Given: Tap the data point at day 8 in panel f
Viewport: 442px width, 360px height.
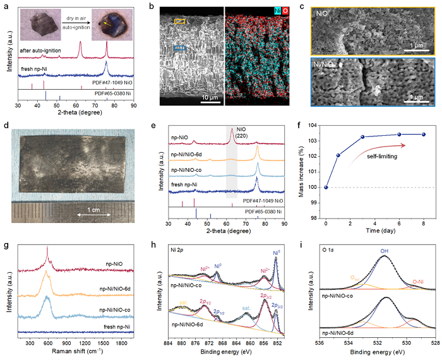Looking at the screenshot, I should coord(424,134).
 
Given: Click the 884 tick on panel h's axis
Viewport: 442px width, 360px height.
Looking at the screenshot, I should coord(167,341).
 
